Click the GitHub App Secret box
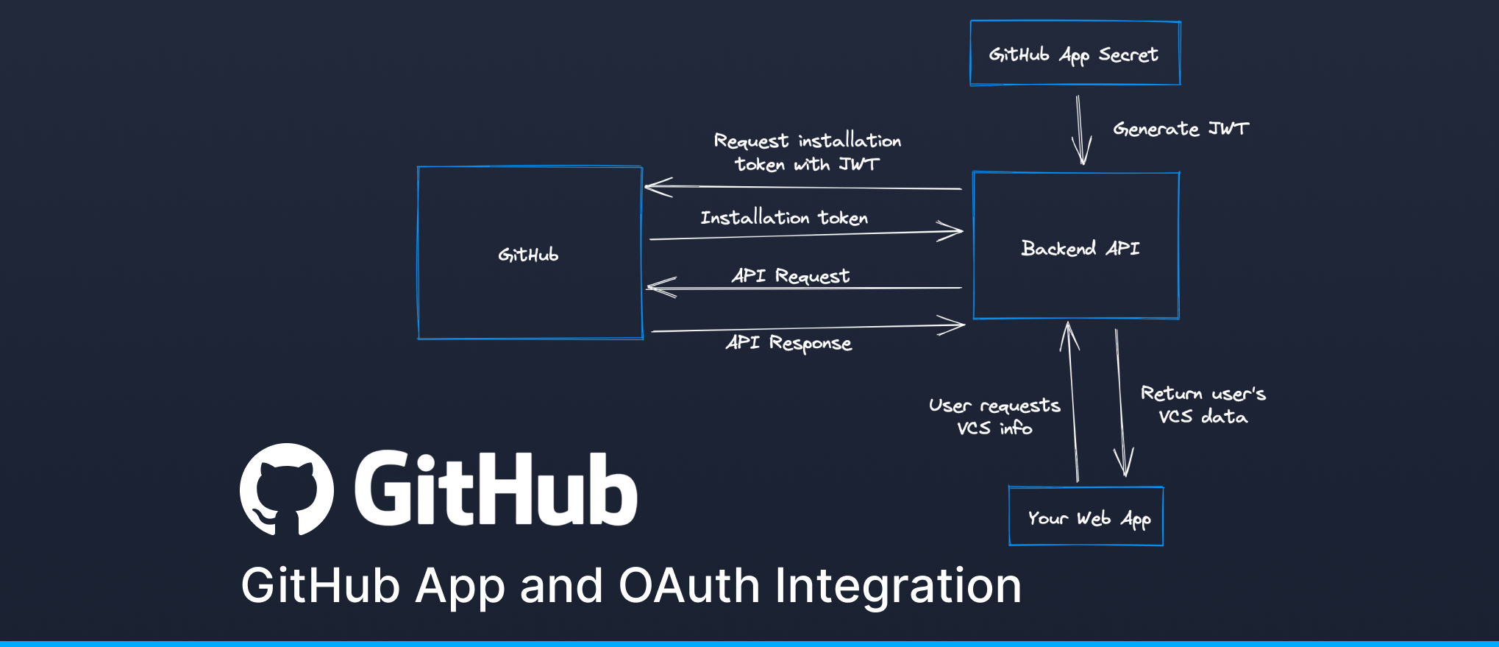point(1075,53)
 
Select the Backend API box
point(1076,246)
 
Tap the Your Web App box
point(1086,517)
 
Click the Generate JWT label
point(1181,129)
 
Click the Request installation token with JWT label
point(807,152)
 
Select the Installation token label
point(784,218)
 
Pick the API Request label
point(791,275)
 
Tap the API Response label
point(788,343)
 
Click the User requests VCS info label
point(994,417)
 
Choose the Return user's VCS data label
point(1203,405)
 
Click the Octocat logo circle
point(287,489)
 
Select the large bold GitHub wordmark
point(496,489)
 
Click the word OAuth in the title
point(689,586)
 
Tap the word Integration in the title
point(898,586)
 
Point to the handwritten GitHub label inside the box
point(528,255)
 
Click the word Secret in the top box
point(1128,54)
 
